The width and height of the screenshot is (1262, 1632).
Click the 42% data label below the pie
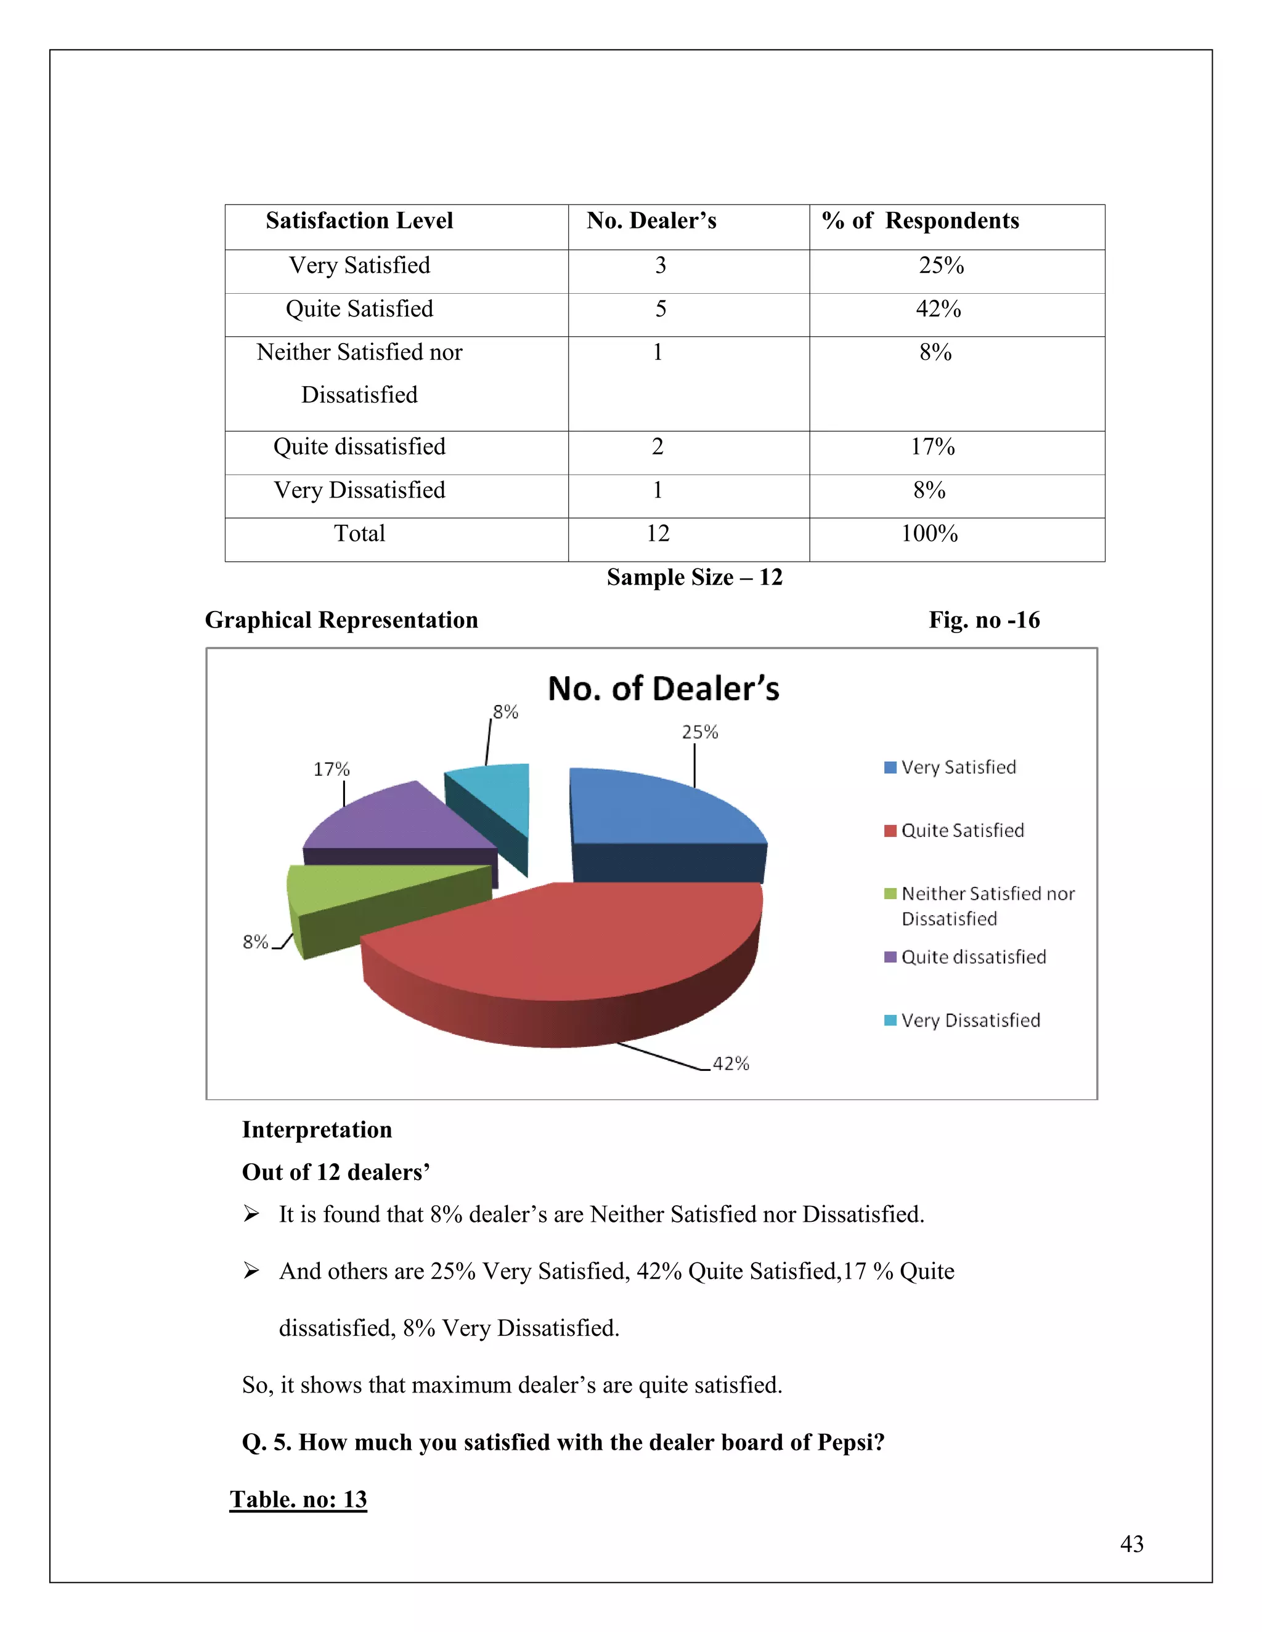[x=730, y=1064]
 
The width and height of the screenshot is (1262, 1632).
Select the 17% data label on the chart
[x=331, y=769]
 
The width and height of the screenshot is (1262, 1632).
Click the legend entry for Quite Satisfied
[x=961, y=830]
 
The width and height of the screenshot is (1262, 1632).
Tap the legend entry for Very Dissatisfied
[x=970, y=1020]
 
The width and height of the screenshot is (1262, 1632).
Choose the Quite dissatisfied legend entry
[x=972, y=956]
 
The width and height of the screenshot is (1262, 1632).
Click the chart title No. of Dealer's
[x=663, y=689]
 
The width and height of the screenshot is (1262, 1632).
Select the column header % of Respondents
[x=921, y=220]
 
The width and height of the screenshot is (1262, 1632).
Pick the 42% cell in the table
[x=938, y=309]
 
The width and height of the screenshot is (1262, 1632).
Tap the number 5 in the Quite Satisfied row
[x=660, y=309]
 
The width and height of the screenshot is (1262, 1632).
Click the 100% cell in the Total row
[x=929, y=533]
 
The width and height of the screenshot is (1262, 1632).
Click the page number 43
[x=1131, y=1543]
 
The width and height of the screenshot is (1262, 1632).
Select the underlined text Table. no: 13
[x=298, y=1499]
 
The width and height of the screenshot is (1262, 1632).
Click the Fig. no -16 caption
[x=984, y=620]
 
